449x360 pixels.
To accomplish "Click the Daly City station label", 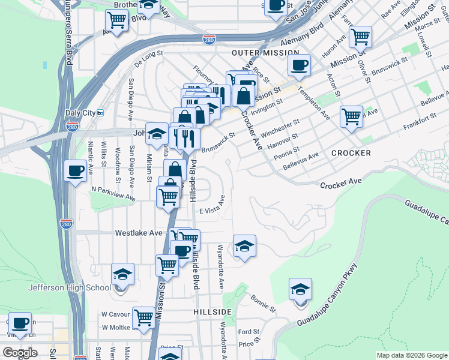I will [x=80, y=112].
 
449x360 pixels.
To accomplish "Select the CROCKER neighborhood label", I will [x=351, y=153].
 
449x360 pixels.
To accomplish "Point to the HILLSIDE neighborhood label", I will [x=212, y=313].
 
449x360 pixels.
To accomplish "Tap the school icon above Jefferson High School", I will [x=123, y=274].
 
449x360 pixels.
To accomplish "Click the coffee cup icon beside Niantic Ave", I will [x=75, y=171].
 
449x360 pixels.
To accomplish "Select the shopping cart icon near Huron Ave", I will [x=360, y=37].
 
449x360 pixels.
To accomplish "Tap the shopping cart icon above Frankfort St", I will [x=351, y=116].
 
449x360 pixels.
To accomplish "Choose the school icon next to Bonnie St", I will [x=300, y=289].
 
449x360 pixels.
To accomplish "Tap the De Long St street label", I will [x=149, y=58].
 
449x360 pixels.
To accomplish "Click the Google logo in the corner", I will [x=19, y=353].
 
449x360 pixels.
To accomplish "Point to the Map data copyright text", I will [x=411, y=355].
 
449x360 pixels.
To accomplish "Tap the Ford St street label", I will [x=248, y=331].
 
